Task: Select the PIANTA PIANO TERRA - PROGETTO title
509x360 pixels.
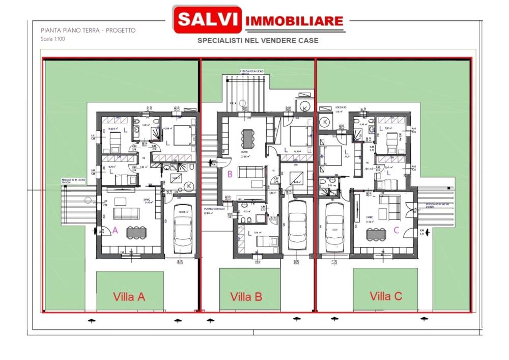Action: pyautogui.click(x=88, y=30)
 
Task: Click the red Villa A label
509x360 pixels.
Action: pyautogui.click(x=129, y=296)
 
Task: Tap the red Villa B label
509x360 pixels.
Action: pyautogui.click(x=246, y=296)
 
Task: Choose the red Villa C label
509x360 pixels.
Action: pyautogui.click(x=386, y=295)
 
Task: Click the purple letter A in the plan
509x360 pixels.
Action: pyautogui.click(x=115, y=230)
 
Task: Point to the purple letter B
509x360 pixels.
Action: pyautogui.click(x=230, y=174)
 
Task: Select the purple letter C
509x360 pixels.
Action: pyautogui.click(x=397, y=230)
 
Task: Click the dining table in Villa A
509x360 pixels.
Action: pyautogui.click(x=136, y=232)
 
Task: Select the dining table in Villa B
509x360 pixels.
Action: pyautogui.click(x=248, y=137)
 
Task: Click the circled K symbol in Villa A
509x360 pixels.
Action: pyautogui.click(x=189, y=186)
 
